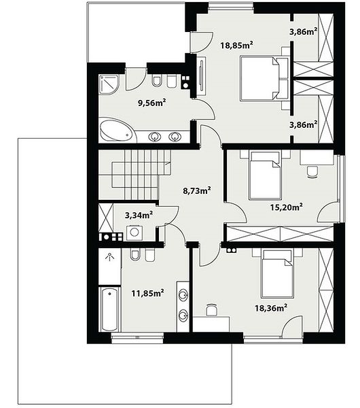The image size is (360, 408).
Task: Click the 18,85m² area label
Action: [x=237, y=45]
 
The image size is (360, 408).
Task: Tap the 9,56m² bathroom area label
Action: [x=152, y=103]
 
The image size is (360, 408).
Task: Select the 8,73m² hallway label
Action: [x=197, y=190]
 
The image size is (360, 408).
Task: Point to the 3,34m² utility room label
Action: [x=139, y=215]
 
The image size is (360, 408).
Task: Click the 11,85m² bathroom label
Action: [x=147, y=293]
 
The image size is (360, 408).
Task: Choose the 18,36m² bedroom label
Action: [x=271, y=308]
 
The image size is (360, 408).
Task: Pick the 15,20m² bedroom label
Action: [x=286, y=207]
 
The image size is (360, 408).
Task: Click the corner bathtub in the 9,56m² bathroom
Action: [x=118, y=131]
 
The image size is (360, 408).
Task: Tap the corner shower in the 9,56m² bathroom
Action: [x=109, y=84]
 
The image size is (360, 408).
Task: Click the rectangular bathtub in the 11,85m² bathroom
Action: [x=109, y=309]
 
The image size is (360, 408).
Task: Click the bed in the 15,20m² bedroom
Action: [x=265, y=176]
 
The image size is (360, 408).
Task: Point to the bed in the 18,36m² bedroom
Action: [x=278, y=274]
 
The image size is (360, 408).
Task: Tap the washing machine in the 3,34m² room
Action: [x=134, y=233]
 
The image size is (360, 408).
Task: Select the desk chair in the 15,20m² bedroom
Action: [x=312, y=172]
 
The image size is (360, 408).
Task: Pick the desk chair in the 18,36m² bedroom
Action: [x=211, y=310]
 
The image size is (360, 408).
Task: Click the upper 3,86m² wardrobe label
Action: [x=304, y=32]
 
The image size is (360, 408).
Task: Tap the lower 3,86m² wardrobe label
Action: [x=304, y=124]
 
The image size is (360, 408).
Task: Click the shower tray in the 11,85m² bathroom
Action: [x=109, y=266]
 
